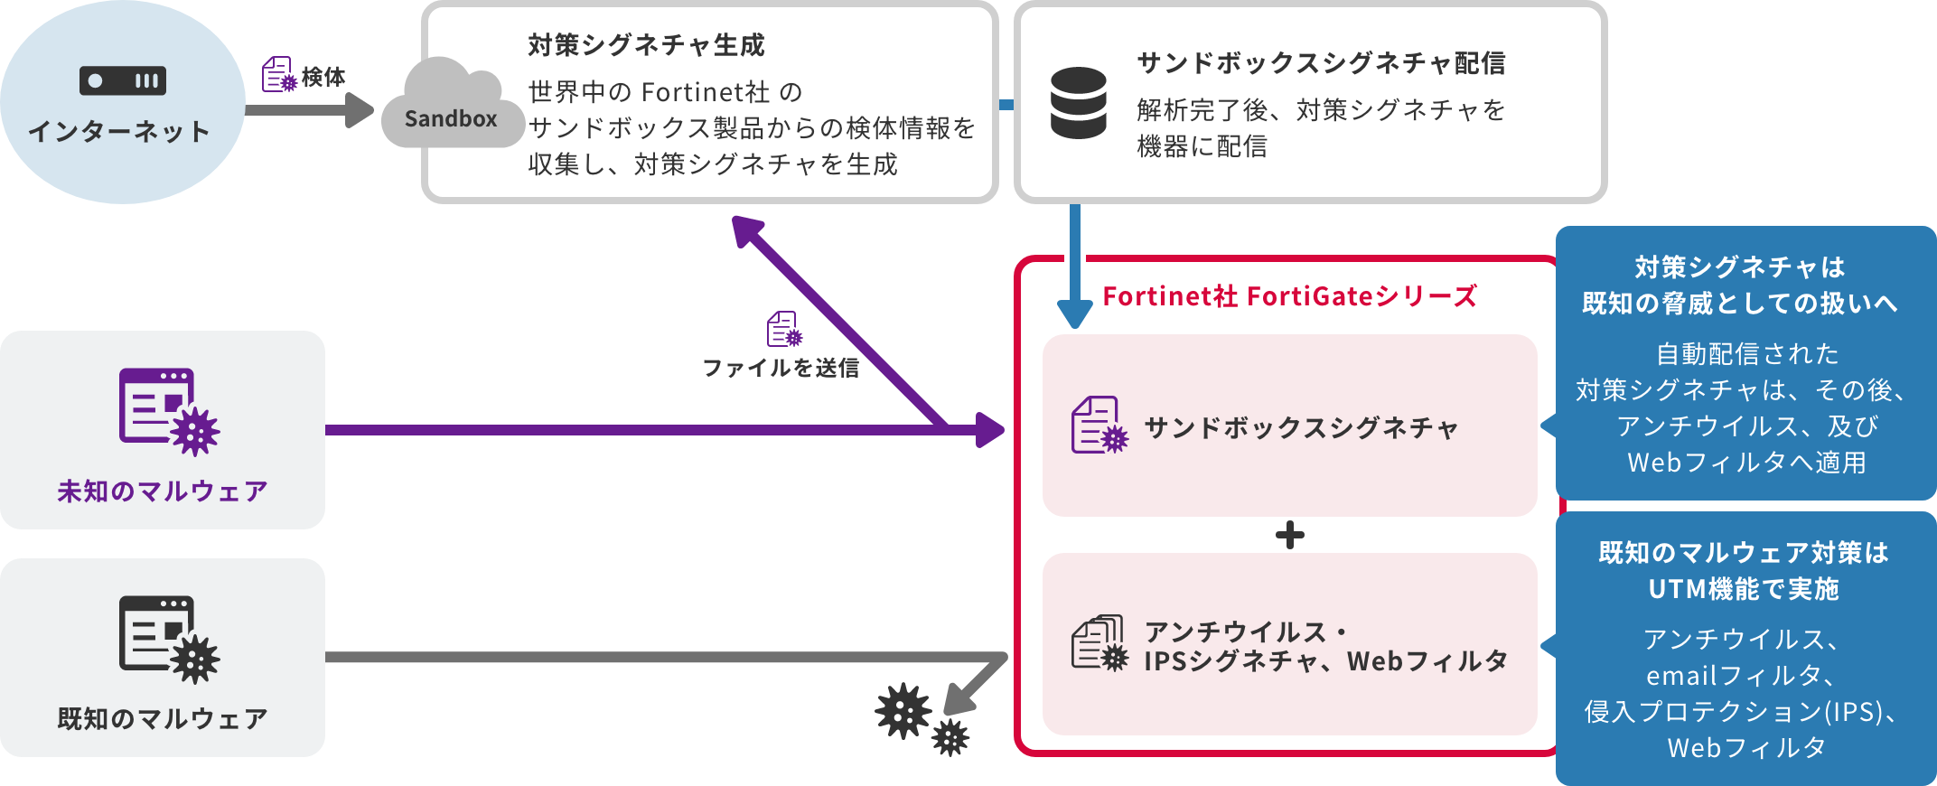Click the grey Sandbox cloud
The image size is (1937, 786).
click(x=452, y=107)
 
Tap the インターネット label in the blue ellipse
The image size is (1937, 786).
click(x=119, y=132)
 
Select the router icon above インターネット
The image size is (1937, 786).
click(x=123, y=80)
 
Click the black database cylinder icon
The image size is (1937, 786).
click(x=1079, y=103)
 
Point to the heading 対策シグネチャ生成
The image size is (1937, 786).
click(x=646, y=45)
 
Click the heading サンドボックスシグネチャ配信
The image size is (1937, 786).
click(x=1321, y=63)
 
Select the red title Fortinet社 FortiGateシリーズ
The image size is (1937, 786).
click(x=1289, y=296)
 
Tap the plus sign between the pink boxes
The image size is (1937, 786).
click(x=1289, y=536)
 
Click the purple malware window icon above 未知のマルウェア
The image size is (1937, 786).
click(x=168, y=410)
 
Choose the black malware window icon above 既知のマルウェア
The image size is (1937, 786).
click(x=168, y=638)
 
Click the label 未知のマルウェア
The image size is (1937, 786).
click(x=163, y=491)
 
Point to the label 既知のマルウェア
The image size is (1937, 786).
click(x=163, y=719)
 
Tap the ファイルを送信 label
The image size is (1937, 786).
click(x=781, y=368)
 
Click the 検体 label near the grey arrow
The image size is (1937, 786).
click(x=323, y=77)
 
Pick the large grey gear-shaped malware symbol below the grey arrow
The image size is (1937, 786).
click(x=903, y=711)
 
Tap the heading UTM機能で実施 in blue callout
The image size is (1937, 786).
click(x=1744, y=589)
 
